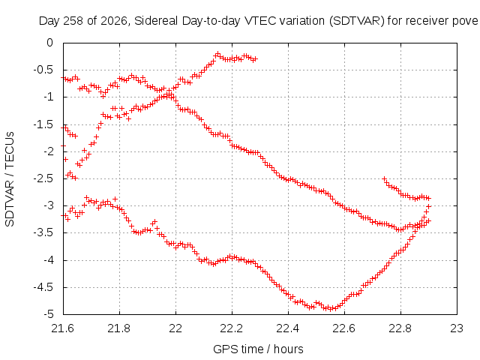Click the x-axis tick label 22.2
(x=232, y=328)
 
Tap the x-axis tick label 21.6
(x=63, y=328)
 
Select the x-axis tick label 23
(x=457, y=328)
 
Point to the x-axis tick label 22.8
(x=400, y=328)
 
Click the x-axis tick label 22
(x=175, y=328)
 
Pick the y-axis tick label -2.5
(x=43, y=178)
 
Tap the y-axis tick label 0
(x=50, y=43)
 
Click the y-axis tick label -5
(x=47, y=314)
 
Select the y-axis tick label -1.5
(x=43, y=124)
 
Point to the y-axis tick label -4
(x=47, y=260)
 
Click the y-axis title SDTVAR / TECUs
(x=10, y=179)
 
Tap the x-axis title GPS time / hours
(x=258, y=349)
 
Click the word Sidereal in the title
(x=157, y=21)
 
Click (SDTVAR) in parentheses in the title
(x=357, y=21)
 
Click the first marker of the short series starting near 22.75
(x=385, y=178)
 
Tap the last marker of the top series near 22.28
(x=256, y=58)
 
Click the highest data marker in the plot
(x=218, y=54)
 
